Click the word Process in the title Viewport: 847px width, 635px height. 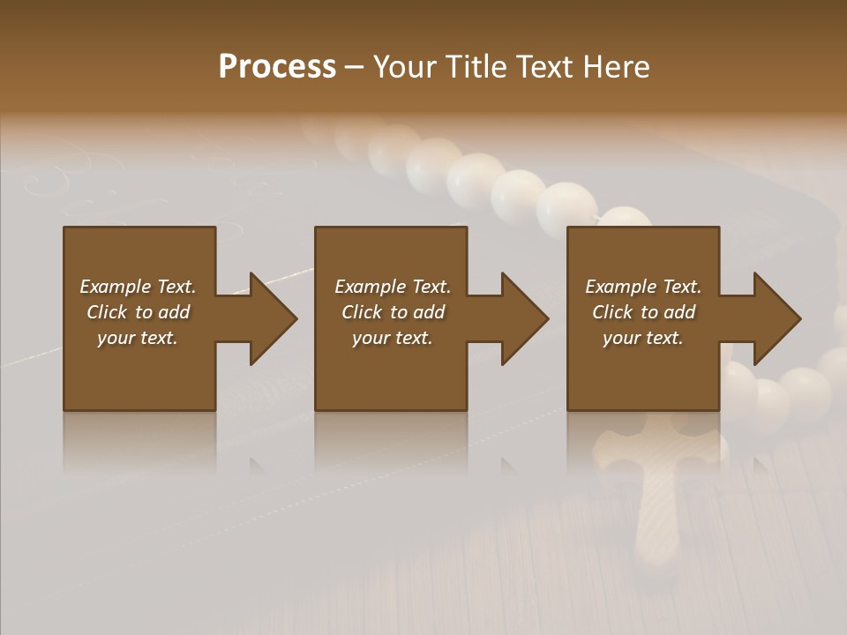point(277,67)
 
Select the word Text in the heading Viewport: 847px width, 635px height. point(543,67)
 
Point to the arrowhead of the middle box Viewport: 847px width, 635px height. point(523,318)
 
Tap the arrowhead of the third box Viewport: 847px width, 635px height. point(776,318)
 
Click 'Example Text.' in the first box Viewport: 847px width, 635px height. point(138,287)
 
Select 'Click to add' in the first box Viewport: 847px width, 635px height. point(138,312)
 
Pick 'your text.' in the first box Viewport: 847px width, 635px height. point(138,338)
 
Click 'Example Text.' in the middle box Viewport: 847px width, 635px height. point(392,287)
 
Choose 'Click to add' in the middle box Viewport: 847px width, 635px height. point(392,312)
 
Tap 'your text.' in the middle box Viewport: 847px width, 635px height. point(392,338)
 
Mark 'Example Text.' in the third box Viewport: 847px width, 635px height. point(643,287)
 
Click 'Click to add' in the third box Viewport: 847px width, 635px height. point(643,312)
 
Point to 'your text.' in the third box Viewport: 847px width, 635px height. point(643,338)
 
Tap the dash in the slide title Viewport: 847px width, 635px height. point(354,68)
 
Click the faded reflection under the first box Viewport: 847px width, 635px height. point(139,441)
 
